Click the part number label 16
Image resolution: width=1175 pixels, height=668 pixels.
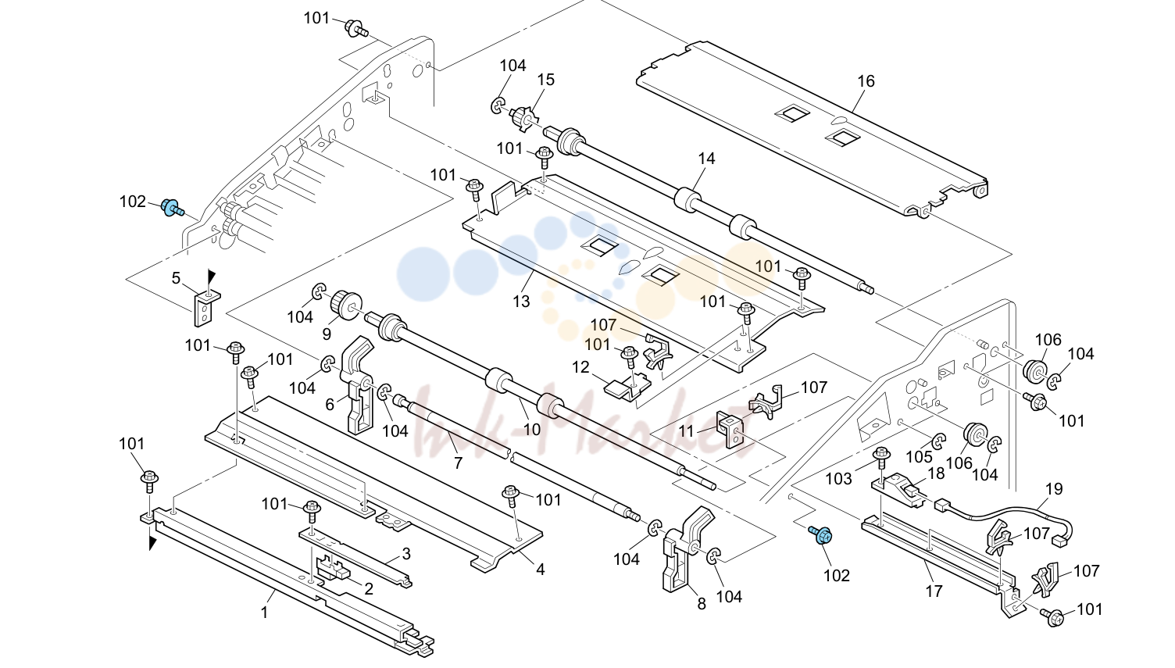(x=866, y=81)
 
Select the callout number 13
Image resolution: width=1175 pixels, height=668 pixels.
(x=521, y=302)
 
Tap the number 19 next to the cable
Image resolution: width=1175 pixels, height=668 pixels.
(x=1054, y=489)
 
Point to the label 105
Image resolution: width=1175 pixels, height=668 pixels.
(x=920, y=456)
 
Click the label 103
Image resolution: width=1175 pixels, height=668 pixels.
(x=839, y=479)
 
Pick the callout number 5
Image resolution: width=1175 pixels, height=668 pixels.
(x=177, y=278)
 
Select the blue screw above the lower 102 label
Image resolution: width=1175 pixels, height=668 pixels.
(x=821, y=534)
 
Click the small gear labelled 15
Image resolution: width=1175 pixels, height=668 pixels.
(x=522, y=118)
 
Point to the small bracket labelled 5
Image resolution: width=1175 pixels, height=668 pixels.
(x=205, y=308)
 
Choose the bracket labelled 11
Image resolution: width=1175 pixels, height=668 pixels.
(x=730, y=428)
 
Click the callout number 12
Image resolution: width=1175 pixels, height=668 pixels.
(x=580, y=367)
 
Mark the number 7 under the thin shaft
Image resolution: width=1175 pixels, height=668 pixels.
(x=458, y=463)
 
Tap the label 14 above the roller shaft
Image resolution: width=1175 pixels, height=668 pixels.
(x=706, y=159)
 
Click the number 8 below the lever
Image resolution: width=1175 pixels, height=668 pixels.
(x=702, y=604)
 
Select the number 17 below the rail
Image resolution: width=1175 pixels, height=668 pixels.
(x=934, y=591)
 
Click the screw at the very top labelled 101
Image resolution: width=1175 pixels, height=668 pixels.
(x=355, y=28)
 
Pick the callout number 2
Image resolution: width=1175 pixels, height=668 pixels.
(x=368, y=589)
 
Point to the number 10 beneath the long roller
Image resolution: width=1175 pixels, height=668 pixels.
(x=531, y=430)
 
